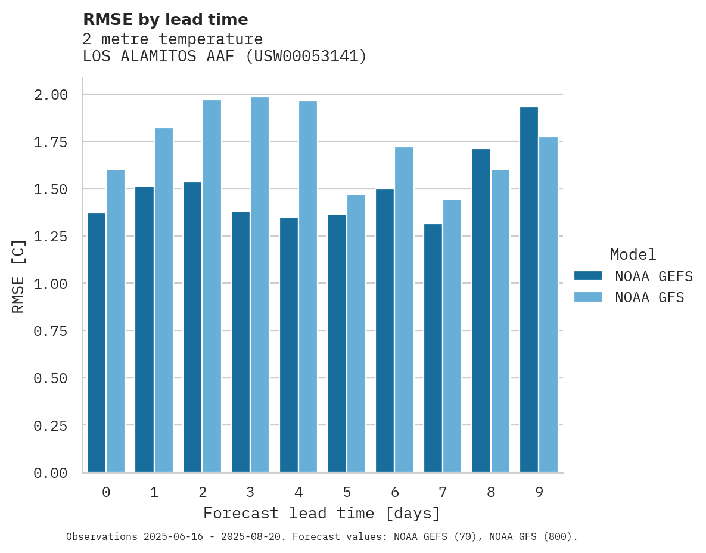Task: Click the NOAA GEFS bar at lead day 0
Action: (x=97, y=343)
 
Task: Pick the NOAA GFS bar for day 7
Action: (x=452, y=336)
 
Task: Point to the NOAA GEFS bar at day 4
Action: (x=289, y=345)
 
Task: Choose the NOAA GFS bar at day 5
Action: (x=356, y=334)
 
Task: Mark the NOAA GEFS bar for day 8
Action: (x=481, y=310)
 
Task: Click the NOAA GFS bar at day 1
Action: (x=164, y=300)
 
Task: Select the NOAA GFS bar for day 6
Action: (x=404, y=310)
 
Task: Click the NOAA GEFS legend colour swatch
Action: (x=588, y=276)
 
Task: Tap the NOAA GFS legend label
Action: (x=649, y=297)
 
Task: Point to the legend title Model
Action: (x=633, y=255)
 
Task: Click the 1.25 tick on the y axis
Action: (x=51, y=237)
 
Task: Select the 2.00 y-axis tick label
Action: (x=51, y=95)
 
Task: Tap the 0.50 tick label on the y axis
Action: (x=51, y=378)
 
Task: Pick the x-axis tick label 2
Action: (x=203, y=492)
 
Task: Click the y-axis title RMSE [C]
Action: (x=18, y=276)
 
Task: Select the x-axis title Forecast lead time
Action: (x=322, y=513)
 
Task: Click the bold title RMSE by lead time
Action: (x=166, y=20)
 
